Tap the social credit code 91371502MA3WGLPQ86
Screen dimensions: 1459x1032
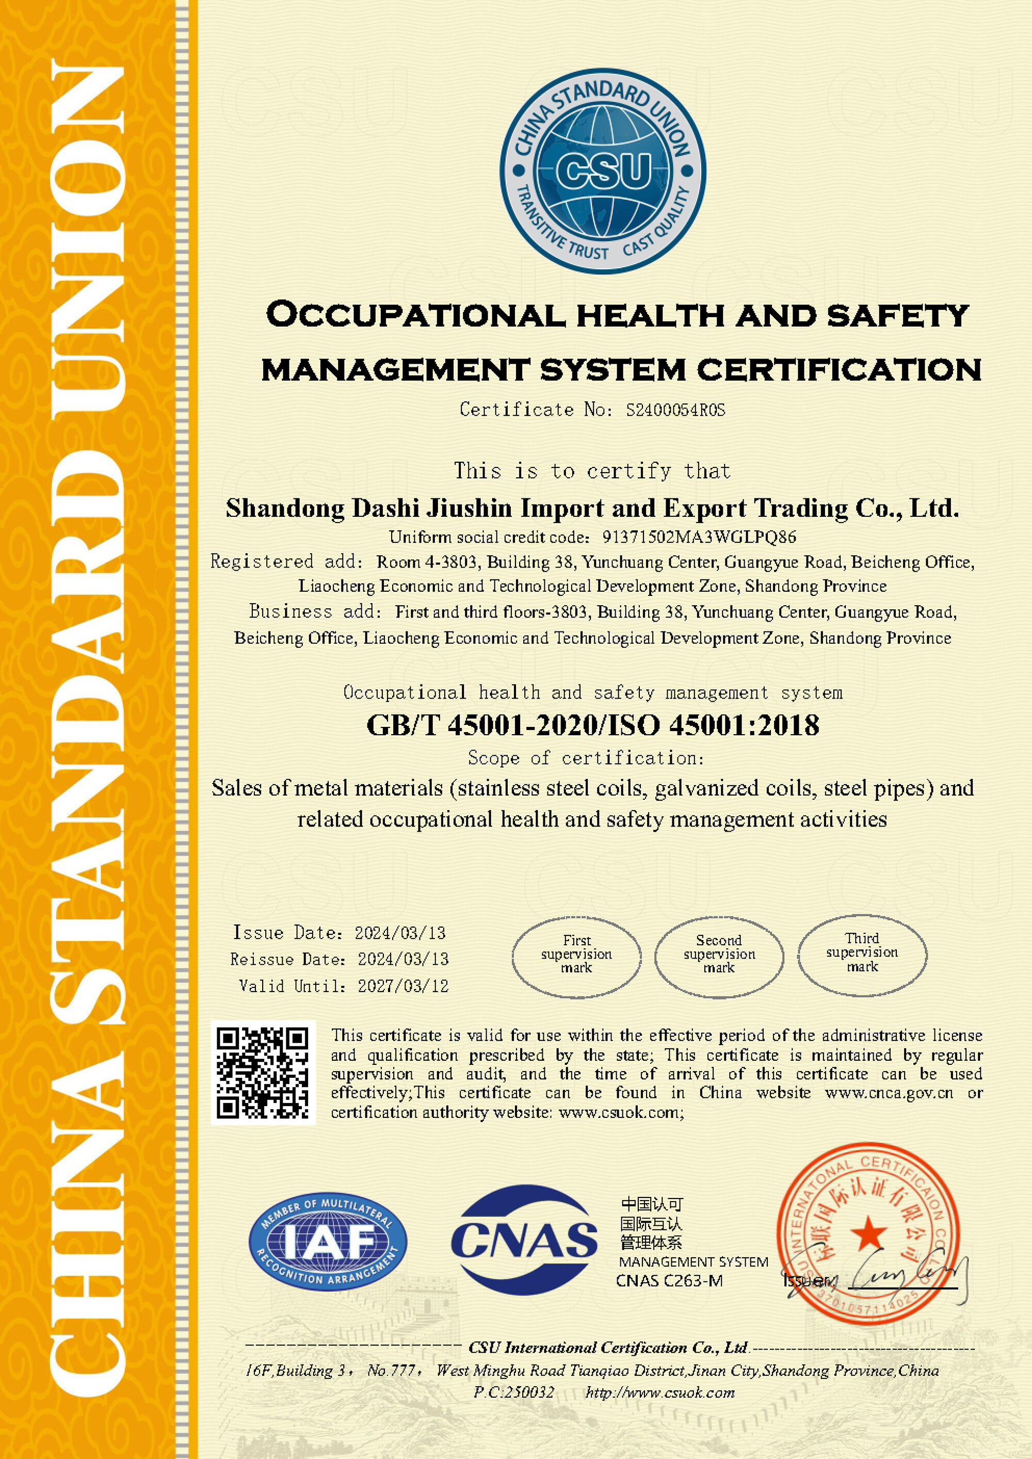pos(698,538)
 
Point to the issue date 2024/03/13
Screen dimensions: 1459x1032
pos(400,933)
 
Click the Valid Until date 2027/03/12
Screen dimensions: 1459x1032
pos(403,986)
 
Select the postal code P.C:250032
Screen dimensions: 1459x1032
pos(514,1393)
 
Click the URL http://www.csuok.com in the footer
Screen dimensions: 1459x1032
pos(659,1393)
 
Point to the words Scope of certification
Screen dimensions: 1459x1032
pos(586,758)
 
